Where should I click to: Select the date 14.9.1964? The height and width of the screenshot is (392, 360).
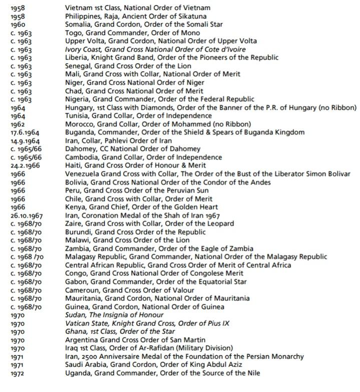24,141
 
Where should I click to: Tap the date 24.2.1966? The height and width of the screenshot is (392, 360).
24,165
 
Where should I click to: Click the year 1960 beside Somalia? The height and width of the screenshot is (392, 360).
18,25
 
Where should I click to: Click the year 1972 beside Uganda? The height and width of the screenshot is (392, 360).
18,373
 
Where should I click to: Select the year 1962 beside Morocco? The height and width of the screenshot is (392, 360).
18,124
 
